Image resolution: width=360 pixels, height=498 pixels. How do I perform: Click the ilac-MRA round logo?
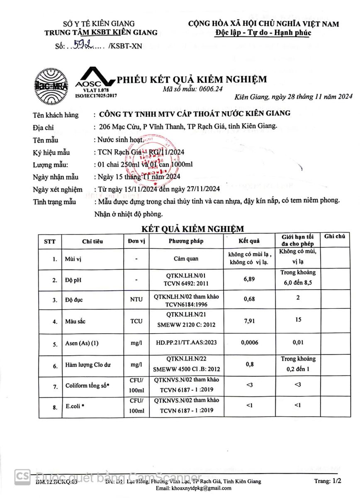click(x=52, y=86)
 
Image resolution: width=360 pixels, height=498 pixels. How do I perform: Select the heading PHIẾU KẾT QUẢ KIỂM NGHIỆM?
click(x=192, y=79)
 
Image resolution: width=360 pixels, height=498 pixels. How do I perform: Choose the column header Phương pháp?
click(x=186, y=241)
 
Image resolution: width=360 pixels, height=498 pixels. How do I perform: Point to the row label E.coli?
click(x=74, y=407)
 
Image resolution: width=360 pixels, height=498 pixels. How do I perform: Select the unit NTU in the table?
click(x=136, y=299)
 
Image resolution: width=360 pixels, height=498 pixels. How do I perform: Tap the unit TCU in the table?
click(x=136, y=321)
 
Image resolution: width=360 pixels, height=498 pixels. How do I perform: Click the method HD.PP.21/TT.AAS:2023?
click(x=186, y=343)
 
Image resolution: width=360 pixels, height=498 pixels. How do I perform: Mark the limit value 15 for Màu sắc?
click(x=298, y=320)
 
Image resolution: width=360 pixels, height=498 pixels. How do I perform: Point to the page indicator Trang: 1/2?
click(x=327, y=481)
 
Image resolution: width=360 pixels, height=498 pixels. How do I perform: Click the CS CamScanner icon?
click(x=22, y=477)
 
